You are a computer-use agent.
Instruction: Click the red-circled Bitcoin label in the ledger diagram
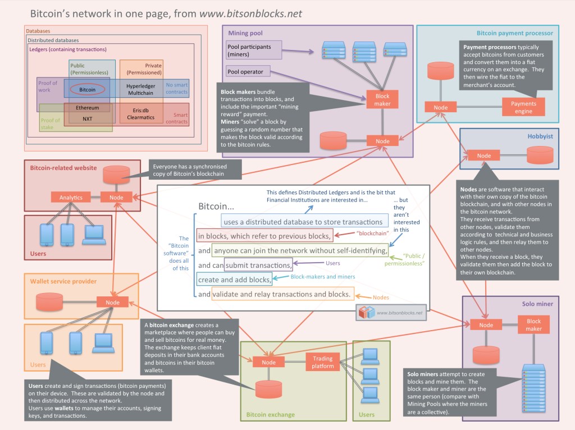pyautogui.click(x=88, y=89)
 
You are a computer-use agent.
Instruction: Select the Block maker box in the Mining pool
pyautogui.click(x=382, y=100)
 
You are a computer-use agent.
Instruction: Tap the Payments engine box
pyautogui.click(x=523, y=107)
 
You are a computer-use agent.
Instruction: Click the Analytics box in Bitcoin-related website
pyautogui.click(x=71, y=197)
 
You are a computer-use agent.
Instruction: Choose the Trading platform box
pyautogui.click(x=323, y=362)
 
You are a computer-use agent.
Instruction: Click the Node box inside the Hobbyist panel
pyautogui.click(x=484, y=155)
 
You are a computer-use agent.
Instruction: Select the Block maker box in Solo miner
pyautogui.click(x=533, y=325)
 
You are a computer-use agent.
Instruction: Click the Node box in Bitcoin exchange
pyautogui.click(x=269, y=362)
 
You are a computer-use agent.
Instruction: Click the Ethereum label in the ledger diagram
pyautogui.click(x=88, y=107)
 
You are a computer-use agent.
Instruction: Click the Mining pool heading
pyautogui.click(x=245, y=33)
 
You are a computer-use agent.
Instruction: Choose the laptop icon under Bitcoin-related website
pyautogui.click(x=93, y=235)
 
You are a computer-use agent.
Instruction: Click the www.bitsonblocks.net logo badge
pyautogui.click(x=391, y=312)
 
